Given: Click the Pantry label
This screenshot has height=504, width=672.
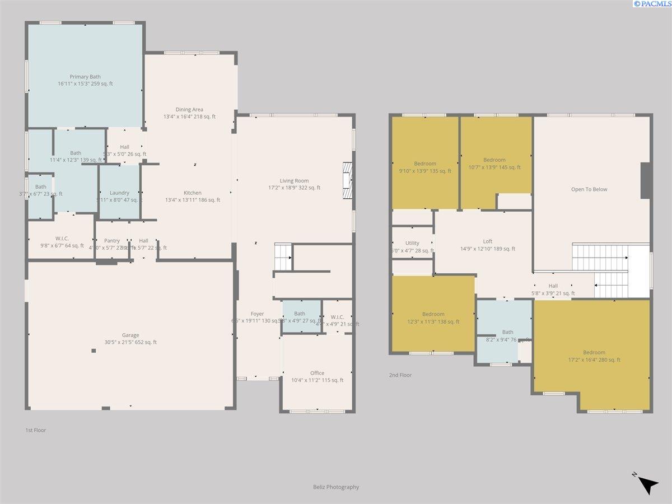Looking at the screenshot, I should pos(112,241).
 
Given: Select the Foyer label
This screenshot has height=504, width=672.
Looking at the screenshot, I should pos(257,314).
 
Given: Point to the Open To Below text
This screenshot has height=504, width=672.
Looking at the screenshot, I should pos(589,189).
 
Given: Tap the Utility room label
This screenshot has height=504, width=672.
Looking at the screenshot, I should pos(412,243).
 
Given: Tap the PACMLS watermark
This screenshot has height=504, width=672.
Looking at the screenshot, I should pos(652,4).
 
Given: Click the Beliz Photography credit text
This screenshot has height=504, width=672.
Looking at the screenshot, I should pos(336,487).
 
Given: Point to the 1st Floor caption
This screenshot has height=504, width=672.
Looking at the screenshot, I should pos(36,430).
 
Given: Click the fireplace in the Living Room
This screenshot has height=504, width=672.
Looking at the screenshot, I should pos(348,181).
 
